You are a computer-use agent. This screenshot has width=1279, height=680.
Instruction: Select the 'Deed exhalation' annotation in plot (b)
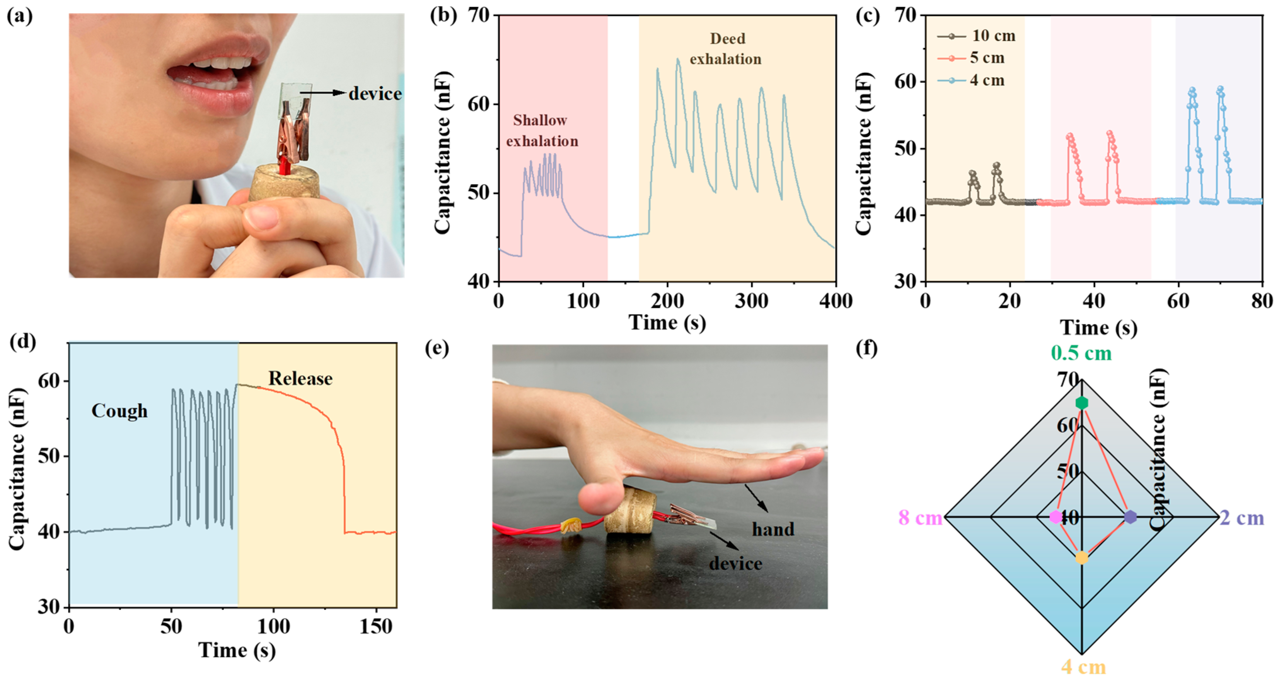click(726, 49)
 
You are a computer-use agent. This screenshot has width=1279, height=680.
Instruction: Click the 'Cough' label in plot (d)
click(119, 411)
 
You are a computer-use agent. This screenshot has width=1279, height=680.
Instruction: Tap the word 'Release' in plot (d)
click(300, 379)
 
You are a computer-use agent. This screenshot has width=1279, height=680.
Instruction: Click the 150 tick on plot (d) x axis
click(375, 627)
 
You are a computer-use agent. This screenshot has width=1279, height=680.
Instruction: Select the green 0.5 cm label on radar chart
click(1081, 353)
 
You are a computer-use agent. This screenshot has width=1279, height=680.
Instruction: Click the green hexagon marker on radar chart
click(1081, 403)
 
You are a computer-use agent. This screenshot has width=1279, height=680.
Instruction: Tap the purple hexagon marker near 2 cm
click(1131, 517)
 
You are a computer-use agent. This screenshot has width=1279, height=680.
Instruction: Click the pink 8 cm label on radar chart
click(921, 518)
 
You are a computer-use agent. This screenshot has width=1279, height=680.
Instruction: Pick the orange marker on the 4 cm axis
click(1081, 558)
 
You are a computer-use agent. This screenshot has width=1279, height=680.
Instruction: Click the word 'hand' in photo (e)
click(773, 529)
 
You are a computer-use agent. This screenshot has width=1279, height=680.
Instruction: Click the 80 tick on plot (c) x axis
click(1262, 301)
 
